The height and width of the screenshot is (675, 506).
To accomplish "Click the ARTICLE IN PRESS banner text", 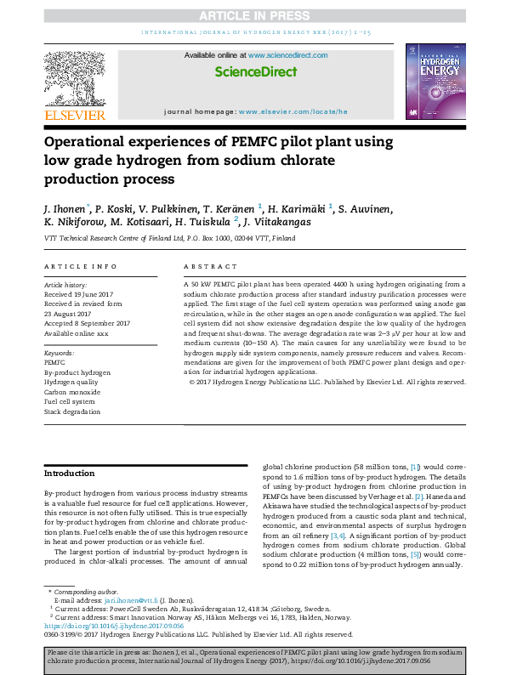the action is [x=253, y=15].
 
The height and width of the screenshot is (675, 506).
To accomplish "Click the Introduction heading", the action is [x=70, y=474].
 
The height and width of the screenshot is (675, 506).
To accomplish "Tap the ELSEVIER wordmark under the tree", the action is [x=75, y=115].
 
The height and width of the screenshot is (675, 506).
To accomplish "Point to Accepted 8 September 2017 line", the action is [x=87, y=323].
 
